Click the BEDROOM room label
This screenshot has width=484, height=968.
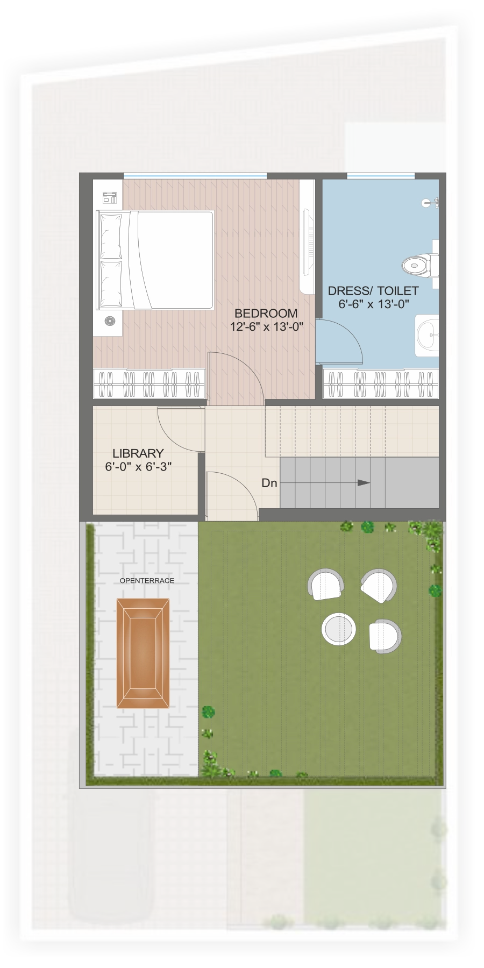(x=266, y=313)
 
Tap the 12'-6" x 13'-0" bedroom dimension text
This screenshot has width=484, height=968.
(x=267, y=326)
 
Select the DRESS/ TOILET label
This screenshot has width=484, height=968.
(x=373, y=291)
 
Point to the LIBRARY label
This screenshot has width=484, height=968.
(x=138, y=453)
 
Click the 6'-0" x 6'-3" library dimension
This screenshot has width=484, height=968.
(x=138, y=467)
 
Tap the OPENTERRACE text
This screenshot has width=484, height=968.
(x=147, y=581)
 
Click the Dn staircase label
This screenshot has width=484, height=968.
(x=269, y=483)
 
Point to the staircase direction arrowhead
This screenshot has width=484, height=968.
(x=364, y=482)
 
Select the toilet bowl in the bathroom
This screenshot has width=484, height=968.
(x=417, y=265)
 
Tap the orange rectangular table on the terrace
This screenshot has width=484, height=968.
(x=143, y=653)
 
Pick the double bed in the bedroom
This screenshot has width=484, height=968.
(x=155, y=260)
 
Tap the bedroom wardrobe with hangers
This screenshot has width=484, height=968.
(x=149, y=383)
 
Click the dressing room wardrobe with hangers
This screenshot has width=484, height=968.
(x=380, y=383)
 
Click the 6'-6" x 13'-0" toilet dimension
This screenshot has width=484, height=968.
(x=374, y=304)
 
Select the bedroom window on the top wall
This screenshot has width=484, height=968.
(x=195, y=176)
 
